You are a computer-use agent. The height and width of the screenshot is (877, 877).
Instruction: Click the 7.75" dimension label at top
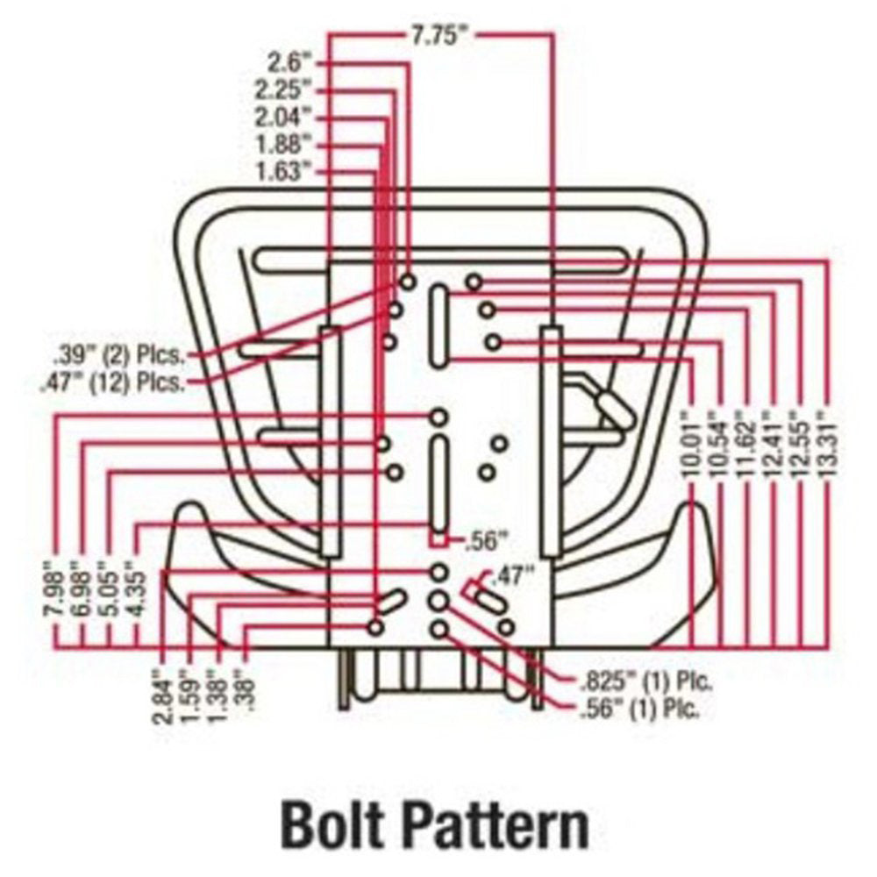coord(439,36)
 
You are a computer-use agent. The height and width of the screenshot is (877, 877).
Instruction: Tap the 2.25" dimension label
coord(282,90)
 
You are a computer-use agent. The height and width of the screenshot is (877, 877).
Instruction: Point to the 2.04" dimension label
coord(282,118)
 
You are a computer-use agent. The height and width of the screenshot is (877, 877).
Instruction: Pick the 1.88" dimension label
coord(282,145)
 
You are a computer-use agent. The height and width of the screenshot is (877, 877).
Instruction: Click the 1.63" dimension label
coord(282,171)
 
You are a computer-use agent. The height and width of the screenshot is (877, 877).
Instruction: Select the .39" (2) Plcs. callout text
coord(118,355)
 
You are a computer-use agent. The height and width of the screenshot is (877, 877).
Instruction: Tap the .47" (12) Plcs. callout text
coord(112,383)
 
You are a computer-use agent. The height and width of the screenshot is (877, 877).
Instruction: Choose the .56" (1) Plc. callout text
coord(640,709)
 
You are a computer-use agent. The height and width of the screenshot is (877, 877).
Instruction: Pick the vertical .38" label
coord(245,690)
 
